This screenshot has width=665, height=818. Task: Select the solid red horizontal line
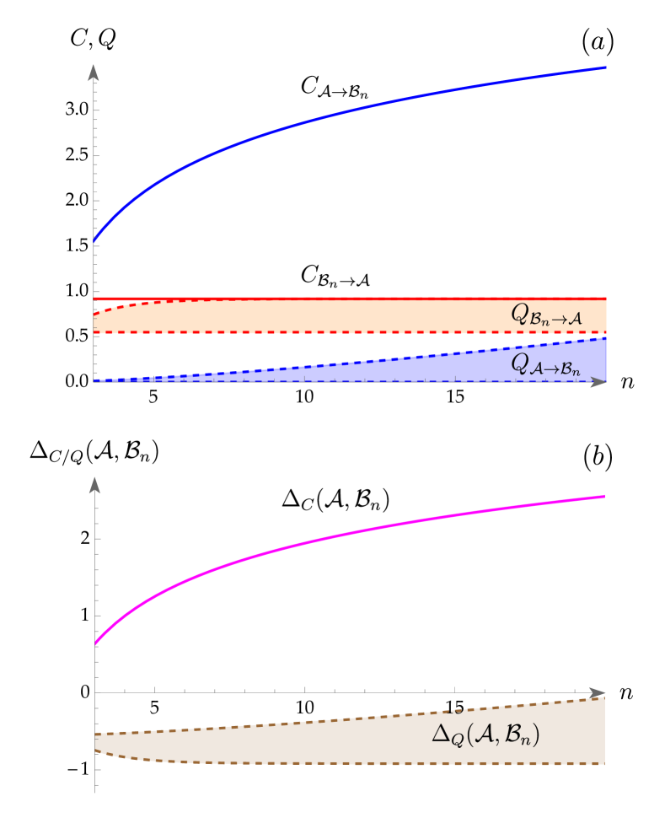(x=337, y=299)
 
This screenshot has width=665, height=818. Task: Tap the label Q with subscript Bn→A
(x=546, y=315)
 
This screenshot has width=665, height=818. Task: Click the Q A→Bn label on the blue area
(x=546, y=364)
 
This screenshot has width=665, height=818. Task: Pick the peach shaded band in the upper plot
(x=337, y=316)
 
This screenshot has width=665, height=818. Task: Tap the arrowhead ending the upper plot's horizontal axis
(x=598, y=382)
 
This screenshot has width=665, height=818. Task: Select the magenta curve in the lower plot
(x=337, y=538)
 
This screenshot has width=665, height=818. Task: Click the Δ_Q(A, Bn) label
(x=485, y=735)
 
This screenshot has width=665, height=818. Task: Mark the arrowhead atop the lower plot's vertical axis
(x=94, y=484)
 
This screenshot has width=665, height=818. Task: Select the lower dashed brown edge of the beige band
(x=337, y=764)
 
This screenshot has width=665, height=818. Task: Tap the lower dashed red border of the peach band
(x=337, y=332)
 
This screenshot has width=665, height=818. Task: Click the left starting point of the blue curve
(x=95, y=240)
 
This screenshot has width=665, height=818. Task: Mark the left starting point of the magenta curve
(x=95, y=645)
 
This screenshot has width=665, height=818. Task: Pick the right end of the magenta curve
(x=604, y=496)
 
